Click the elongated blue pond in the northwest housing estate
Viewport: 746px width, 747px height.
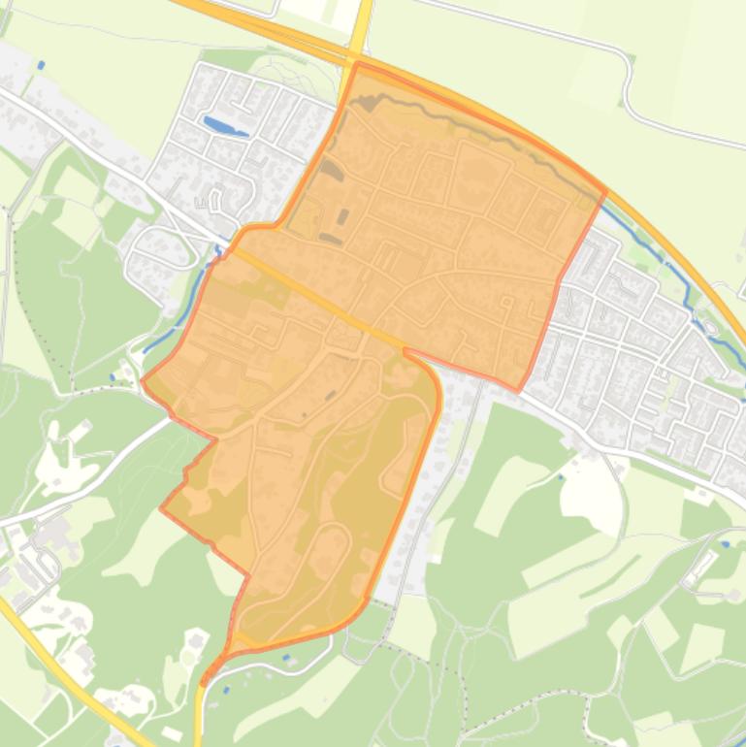[224, 126]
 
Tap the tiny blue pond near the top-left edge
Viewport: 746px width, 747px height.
[41, 65]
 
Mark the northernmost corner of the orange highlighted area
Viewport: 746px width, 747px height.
[357, 64]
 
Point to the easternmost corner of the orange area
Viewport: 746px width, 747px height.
[605, 191]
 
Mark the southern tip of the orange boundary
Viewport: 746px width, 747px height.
[205, 682]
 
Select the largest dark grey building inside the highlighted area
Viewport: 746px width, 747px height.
[332, 173]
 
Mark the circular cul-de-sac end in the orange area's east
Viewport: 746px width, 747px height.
[506, 302]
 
